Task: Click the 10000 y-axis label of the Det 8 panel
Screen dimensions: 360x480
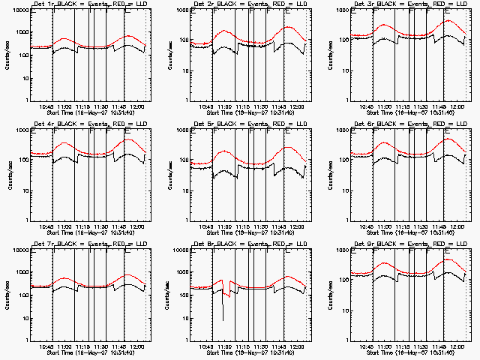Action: pyautogui.click(x=181, y=250)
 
